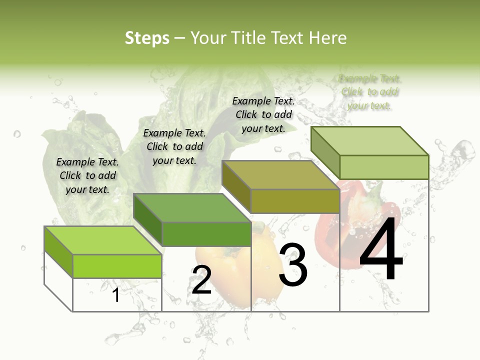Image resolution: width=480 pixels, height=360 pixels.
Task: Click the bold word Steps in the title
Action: [147, 38]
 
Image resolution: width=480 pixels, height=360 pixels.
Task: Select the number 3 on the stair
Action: [293, 265]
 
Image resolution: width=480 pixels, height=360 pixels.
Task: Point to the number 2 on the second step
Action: [201, 280]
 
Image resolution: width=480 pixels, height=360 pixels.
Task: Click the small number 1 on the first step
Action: [115, 295]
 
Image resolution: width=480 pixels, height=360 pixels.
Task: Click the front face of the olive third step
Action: [295, 201]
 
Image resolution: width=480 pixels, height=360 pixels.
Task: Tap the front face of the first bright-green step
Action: [117, 266]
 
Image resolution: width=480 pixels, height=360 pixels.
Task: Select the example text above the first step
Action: [87, 175]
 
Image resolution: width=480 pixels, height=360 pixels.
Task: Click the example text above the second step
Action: [174, 146]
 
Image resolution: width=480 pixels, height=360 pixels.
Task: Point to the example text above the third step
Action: [263, 114]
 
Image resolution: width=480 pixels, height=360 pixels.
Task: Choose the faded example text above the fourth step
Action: [369, 92]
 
